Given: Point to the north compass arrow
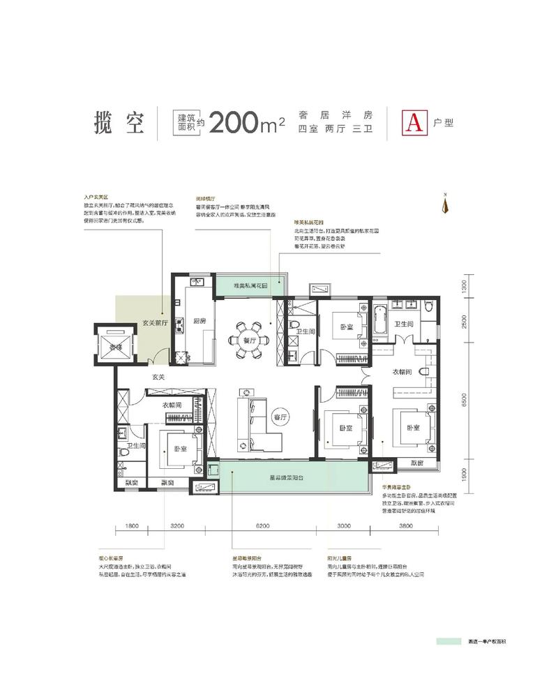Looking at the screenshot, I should point(444,204).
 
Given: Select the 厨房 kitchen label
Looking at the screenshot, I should point(199,321).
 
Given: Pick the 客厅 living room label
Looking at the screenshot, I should point(280,417).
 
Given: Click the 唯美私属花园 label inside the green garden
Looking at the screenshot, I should point(248,286).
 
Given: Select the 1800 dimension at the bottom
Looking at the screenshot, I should point(133,525).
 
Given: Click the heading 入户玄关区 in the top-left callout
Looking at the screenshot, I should point(95,198).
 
